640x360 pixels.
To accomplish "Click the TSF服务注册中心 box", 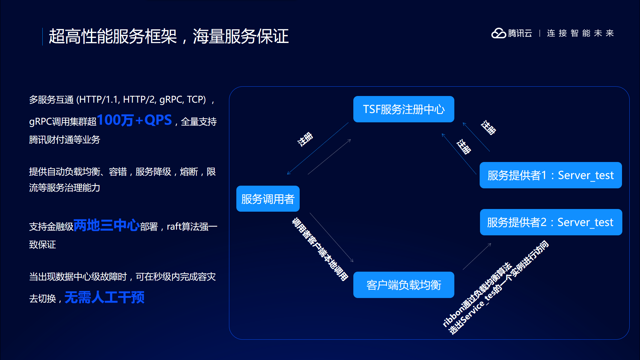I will (x=403, y=109).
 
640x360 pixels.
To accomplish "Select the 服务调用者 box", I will (x=268, y=199).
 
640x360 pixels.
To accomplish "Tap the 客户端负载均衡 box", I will (x=403, y=285).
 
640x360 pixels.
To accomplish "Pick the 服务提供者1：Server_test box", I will (x=550, y=175).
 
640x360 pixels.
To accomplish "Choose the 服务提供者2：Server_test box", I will (x=551, y=222).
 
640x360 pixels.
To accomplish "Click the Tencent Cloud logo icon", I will (x=499, y=33).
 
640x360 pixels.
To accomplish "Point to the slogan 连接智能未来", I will (x=580, y=33).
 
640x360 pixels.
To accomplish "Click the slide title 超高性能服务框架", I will (x=113, y=36).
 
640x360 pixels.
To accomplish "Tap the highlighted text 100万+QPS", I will (x=134, y=120).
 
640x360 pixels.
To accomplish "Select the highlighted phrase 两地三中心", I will (x=106, y=225).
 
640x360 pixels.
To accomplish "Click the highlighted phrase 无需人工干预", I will (x=104, y=297).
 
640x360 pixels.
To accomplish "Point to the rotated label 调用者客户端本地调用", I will (x=320, y=249).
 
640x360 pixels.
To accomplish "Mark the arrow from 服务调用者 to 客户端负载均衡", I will (x=331, y=237).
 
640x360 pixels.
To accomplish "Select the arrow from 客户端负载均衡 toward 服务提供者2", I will (x=477, y=256).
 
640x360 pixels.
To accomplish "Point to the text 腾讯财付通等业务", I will (x=64, y=140).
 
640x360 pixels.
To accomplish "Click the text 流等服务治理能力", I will (x=64, y=188).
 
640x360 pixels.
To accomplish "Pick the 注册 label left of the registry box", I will (x=305, y=139).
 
